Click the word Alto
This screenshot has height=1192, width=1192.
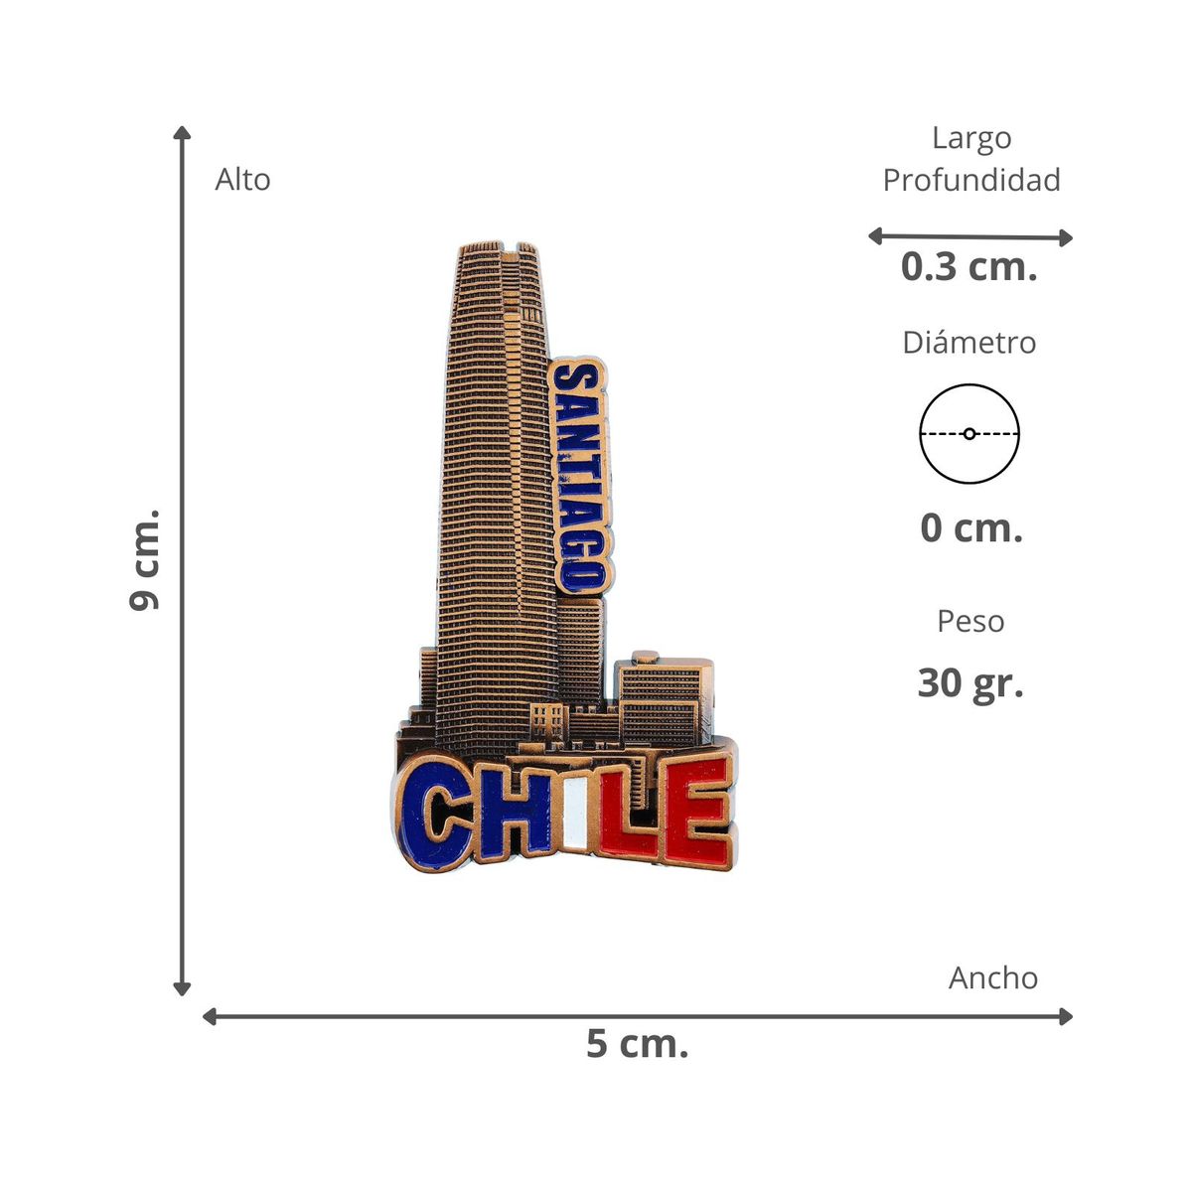coord(242,180)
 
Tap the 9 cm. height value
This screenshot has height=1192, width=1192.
coord(144,560)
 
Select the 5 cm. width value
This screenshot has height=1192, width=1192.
coord(637,1044)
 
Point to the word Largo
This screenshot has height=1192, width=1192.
coord(971,138)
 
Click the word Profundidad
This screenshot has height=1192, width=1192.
coord(971,180)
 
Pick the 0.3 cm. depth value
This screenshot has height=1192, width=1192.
coord(968,266)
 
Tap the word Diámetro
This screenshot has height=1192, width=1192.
coord(968,342)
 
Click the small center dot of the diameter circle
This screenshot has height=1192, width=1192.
coord(969,434)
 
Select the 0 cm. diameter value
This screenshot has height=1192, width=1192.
coord(971,528)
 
